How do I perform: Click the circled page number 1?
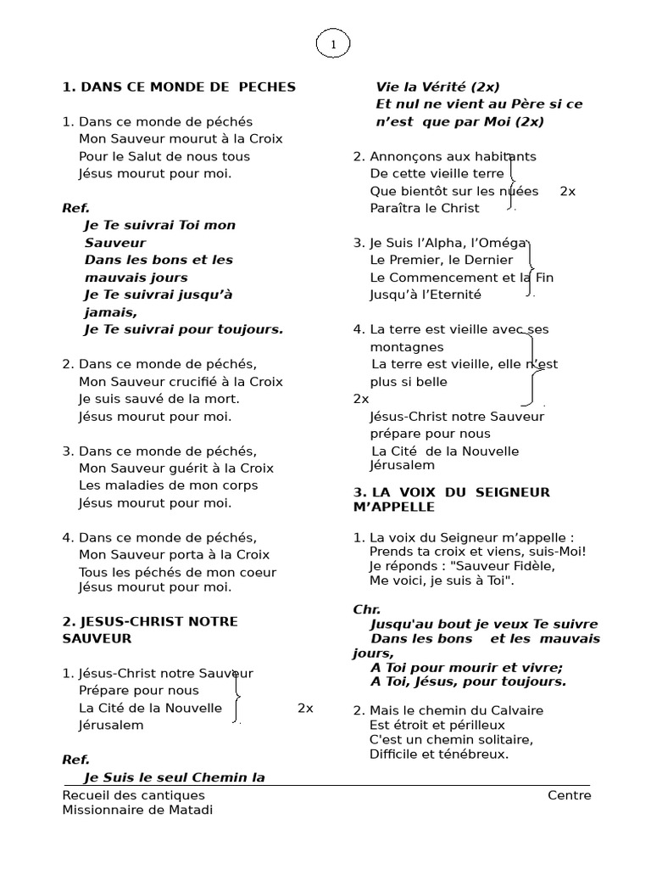(333, 45)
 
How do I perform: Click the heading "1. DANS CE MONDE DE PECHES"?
(179, 87)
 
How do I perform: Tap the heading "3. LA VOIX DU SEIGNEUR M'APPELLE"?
(451, 499)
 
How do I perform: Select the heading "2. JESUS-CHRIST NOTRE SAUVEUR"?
(150, 630)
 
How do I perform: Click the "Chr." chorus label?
(366, 609)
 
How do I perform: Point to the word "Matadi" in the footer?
(191, 810)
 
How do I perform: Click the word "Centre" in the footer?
(569, 795)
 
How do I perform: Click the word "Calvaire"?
(515, 710)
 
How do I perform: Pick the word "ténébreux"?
(476, 754)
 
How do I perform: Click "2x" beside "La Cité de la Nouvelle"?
(305, 708)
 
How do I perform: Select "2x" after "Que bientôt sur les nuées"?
(567, 191)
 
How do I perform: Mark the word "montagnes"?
(407, 347)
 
